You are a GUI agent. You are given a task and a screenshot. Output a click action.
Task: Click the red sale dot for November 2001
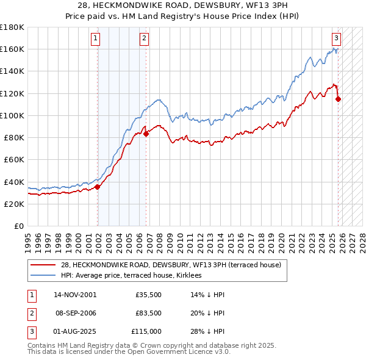(98, 187)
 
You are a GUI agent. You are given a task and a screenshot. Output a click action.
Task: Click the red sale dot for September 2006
(146, 134)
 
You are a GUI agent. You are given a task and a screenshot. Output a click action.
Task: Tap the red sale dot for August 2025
(338, 99)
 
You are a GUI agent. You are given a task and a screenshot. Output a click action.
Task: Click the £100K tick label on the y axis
(12, 115)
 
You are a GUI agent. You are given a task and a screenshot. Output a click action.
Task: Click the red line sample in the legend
(43, 265)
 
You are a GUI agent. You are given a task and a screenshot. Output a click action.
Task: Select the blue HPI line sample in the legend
(43, 276)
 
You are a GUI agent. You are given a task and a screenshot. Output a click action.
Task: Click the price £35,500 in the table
(148, 295)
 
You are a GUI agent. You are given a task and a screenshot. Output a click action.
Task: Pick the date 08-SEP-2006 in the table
(73, 313)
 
